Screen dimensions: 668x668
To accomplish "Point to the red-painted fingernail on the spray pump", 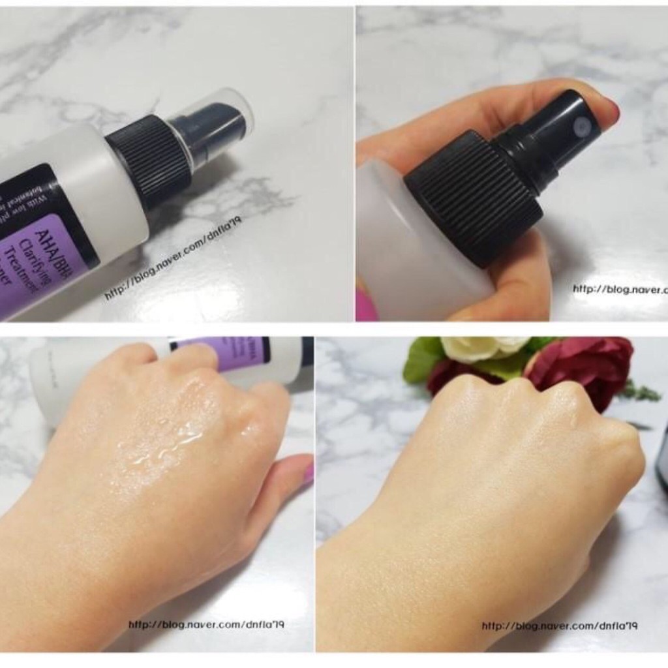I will point(611,110).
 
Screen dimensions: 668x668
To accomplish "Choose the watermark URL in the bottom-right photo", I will point(559,626).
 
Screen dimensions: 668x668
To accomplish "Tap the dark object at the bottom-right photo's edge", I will point(661,457).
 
